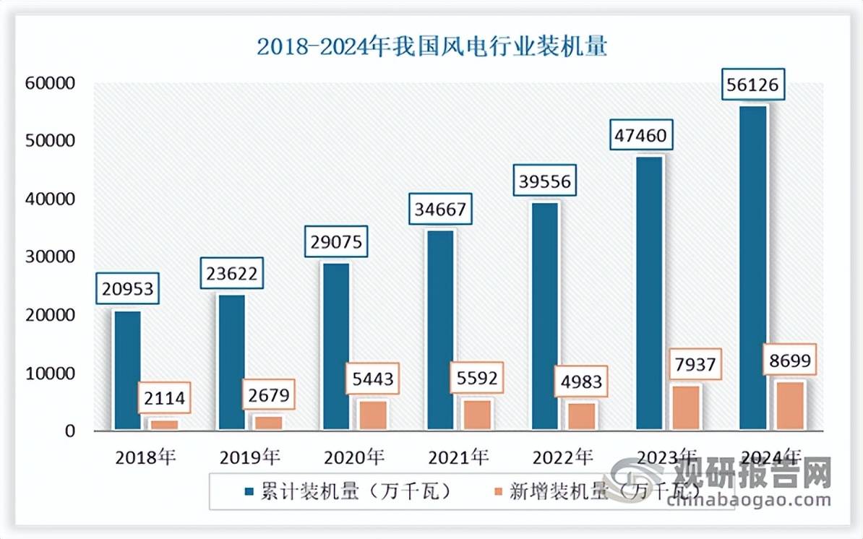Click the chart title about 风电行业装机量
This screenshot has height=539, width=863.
point(431,47)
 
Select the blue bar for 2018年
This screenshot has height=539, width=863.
point(128,371)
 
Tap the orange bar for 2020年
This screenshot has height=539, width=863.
point(374,415)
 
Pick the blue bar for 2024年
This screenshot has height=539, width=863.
point(753,268)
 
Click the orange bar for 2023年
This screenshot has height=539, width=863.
point(686,408)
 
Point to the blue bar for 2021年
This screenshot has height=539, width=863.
point(440,330)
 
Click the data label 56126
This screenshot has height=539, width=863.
point(753,86)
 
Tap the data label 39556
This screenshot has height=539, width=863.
point(544,182)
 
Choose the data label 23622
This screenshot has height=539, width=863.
point(232,274)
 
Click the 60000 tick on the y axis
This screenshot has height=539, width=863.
point(50,84)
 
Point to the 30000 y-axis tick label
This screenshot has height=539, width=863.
point(50,257)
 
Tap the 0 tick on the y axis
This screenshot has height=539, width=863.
point(69,431)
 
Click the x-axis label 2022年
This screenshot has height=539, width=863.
point(562,457)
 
